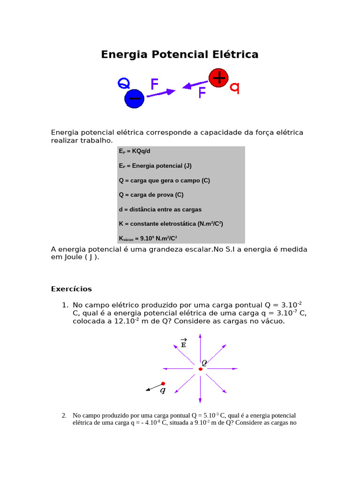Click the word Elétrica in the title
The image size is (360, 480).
[x=235, y=55]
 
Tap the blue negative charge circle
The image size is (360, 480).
[x=134, y=99]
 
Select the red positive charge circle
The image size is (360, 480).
[x=218, y=77]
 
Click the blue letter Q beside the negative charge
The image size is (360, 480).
[x=123, y=84]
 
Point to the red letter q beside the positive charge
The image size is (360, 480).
[x=234, y=88]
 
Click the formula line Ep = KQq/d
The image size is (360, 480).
[x=135, y=151]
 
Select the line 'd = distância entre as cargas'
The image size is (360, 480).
[x=160, y=210]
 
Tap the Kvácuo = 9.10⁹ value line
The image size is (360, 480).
[x=148, y=238]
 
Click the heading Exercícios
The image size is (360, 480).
[x=71, y=289]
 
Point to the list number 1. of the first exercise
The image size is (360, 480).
[x=65, y=306]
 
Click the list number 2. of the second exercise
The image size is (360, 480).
[x=64, y=415]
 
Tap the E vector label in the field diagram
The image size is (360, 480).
[x=183, y=344]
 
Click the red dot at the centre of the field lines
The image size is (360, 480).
[x=200, y=369]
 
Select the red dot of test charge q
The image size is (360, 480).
[x=163, y=383]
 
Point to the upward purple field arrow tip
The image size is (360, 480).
[x=200, y=336]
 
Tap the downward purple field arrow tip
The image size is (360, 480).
[x=200, y=401]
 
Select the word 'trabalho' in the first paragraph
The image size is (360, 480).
[x=96, y=141]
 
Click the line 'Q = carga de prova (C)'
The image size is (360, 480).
[x=151, y=195]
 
